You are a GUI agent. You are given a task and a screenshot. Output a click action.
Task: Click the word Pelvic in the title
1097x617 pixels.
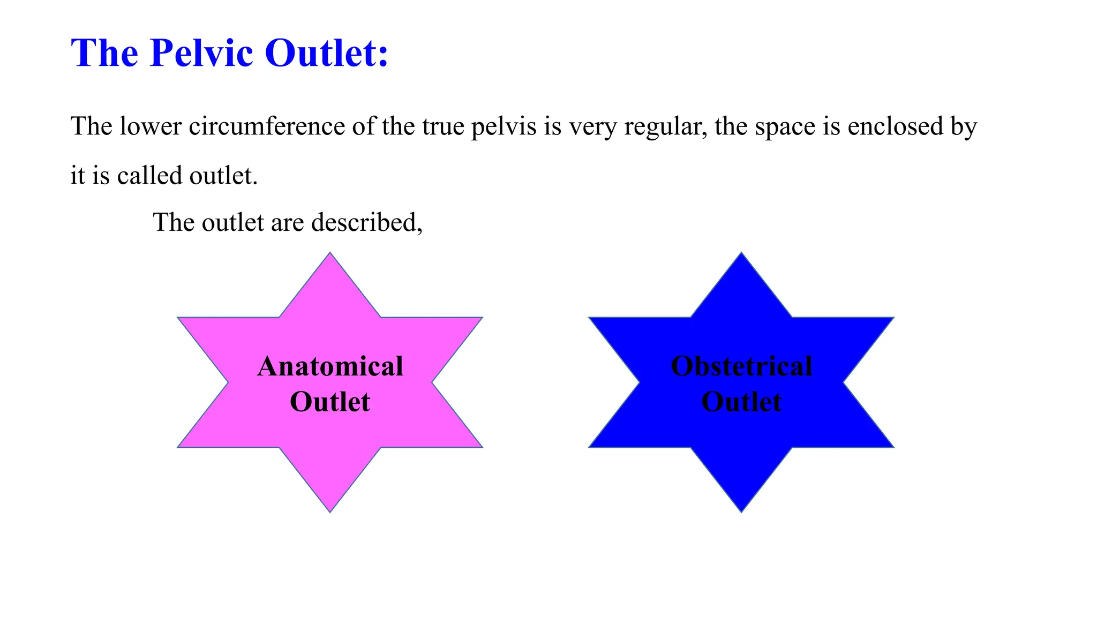[201, 53]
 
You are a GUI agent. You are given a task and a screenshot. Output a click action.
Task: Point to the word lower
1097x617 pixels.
[151, 127]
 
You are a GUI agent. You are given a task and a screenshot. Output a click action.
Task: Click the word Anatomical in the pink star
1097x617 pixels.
[330, 367]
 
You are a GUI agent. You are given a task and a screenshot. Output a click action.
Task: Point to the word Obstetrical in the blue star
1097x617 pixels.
[741, 367]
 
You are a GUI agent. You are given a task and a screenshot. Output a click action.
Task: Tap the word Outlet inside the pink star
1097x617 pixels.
[330, 402]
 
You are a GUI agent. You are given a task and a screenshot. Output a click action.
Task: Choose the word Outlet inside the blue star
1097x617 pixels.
[741, 402]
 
